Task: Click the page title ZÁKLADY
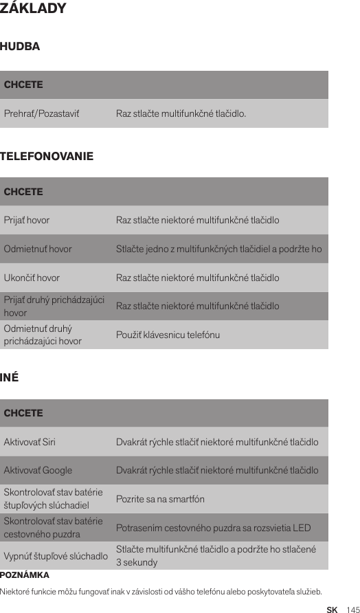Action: (x=34, y=9)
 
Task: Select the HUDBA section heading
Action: (x=21, y=47)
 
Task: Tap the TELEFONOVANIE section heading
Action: (x=47, y=157)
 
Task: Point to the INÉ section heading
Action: (x=10, y=379)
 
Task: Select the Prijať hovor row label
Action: (x=27, y=221)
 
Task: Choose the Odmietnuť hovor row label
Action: (x=38, y=249)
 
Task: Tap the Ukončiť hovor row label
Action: (x=32, y=278)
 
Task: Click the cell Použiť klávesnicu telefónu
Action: (x=168, y=335)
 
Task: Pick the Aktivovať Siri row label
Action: (x=30, y=442)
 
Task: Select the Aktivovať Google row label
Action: (x=38, y=471)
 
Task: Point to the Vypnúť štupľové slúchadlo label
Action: (x=56, y=555)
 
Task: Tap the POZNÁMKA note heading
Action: (x=25, y=575)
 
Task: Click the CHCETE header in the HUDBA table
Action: (x=23, y=85)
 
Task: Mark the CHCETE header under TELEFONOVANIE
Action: (x=23, y=192)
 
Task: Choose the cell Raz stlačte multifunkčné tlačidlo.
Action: (x=181, y=113)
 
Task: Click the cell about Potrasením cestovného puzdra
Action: (x=213, y=528)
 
